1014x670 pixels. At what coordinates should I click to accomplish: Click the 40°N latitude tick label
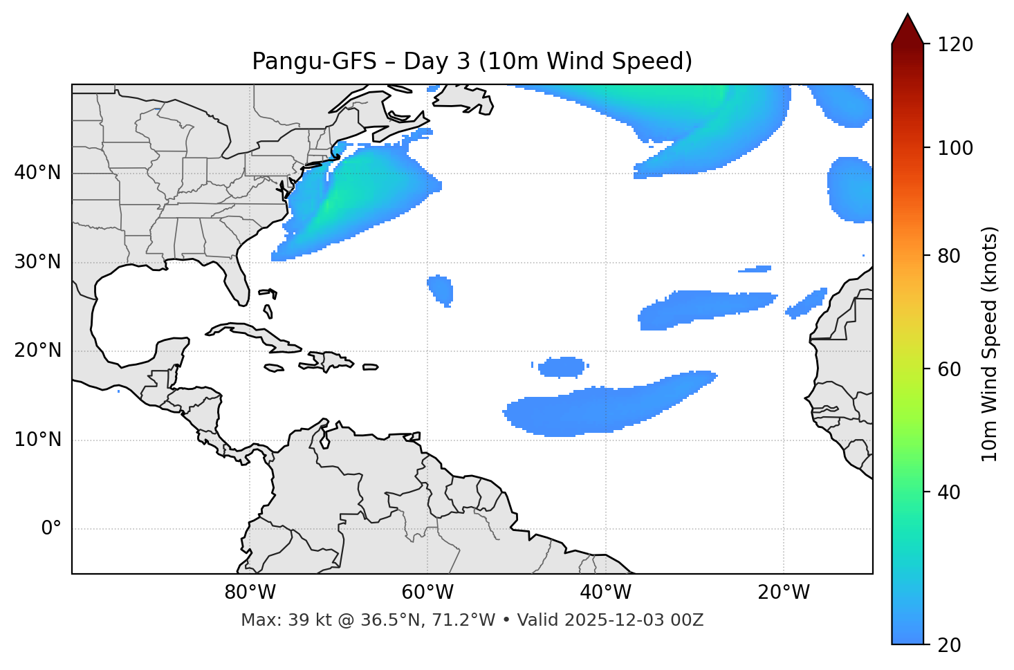pos(37,173)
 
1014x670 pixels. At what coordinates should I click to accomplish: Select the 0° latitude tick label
pos(51,529)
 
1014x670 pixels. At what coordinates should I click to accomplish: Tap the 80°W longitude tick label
pos(250,593)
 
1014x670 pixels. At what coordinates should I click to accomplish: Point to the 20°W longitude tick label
pos(784,593)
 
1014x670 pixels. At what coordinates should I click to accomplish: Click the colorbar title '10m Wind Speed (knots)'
pos(990,344)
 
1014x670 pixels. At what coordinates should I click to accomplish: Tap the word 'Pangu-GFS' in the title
pos(314,62)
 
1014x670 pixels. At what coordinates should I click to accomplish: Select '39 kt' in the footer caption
pos(302,620)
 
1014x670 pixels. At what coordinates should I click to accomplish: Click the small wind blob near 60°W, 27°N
pos(441,288)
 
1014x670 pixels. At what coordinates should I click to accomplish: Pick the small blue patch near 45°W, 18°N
pos(562,366)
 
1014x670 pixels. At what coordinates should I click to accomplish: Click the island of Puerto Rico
pos(371,367)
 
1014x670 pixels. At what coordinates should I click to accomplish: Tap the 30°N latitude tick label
pos(37,262)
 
